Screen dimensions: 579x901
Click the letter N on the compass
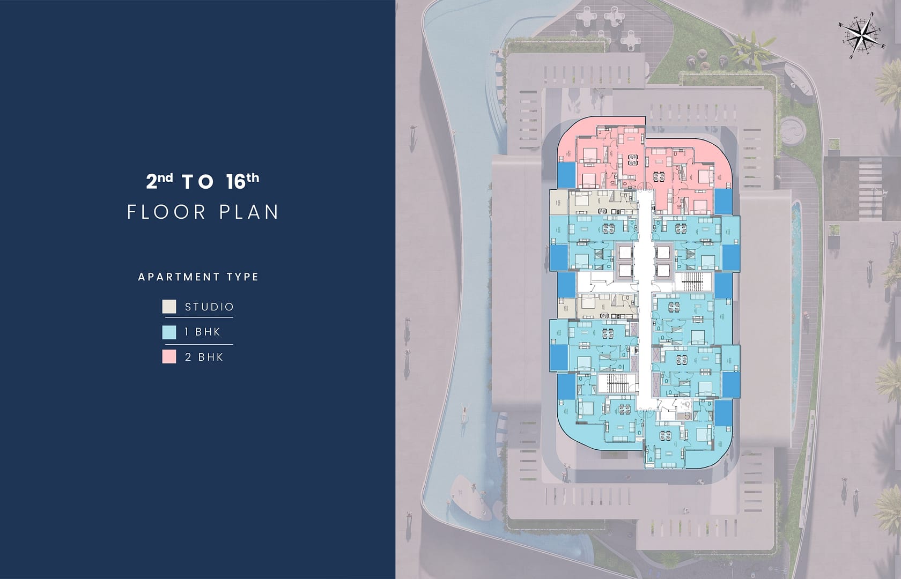click(872, 14)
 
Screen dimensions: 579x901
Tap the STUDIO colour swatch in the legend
click(169, 307)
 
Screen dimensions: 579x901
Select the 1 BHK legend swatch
click(169, 332)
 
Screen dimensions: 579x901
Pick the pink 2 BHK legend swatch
click(169, 357)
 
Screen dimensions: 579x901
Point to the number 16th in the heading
click(242, 181)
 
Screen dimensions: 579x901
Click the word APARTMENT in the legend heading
click(175, 277)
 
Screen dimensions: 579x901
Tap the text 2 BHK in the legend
click(204, 357)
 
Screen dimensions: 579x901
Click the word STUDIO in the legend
click(209, 307)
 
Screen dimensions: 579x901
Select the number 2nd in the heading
click(159, 181)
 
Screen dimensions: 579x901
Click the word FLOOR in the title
click(167, 212)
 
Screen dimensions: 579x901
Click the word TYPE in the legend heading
click(242, 277)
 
